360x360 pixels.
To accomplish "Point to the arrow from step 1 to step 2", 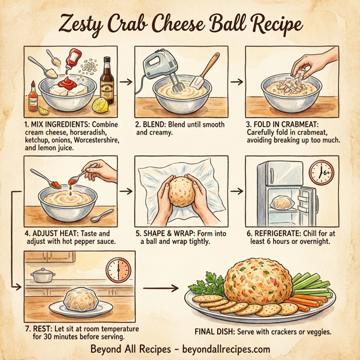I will (125, 79).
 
